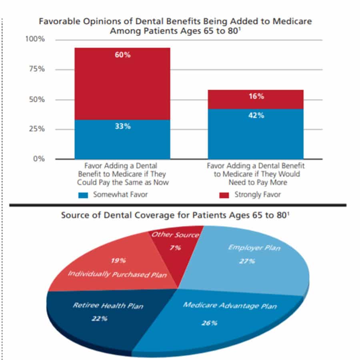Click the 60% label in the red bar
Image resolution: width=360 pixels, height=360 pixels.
[x=123, y=55]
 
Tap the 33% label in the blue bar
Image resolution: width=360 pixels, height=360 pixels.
[x=123, y=126]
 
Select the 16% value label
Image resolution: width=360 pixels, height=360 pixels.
[x=256, y=96]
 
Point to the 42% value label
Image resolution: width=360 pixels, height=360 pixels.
[x=256, y=115]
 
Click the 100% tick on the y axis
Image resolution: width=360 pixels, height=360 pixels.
[x=35, y=39]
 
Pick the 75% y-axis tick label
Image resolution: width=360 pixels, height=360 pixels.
[x=37, y=69]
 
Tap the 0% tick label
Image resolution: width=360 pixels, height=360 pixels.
[x=39, y=159]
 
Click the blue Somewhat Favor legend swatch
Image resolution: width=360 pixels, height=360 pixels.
[x=83, y=195]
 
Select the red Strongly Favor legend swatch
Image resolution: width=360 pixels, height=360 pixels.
[x=224, y=195]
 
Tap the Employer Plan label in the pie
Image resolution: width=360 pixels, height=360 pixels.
[x=254, y=248]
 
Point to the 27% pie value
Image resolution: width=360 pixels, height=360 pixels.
[x=247, y=261]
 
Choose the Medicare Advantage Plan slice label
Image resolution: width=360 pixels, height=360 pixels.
[x=230, y=306]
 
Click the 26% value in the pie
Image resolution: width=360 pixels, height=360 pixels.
[x=209, y=323]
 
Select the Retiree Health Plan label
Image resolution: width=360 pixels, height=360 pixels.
[x=108, y=306]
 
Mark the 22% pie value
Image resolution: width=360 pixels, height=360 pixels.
[x=100, y=318]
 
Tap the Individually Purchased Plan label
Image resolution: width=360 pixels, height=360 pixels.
[x=117, y=274]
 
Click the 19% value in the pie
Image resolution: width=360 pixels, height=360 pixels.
[x=118, y=260]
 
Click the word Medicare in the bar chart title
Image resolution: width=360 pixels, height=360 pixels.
[x=292, y=21]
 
